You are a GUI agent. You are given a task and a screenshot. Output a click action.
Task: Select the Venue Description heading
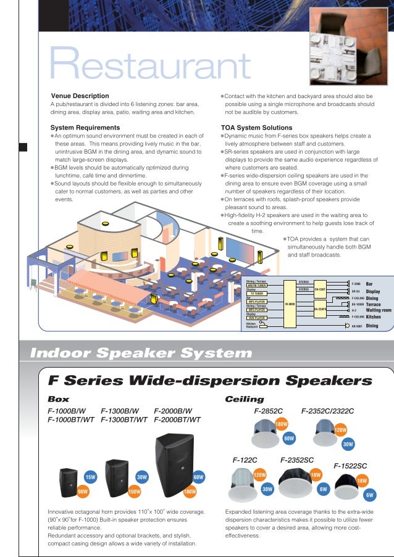tap(80, 96)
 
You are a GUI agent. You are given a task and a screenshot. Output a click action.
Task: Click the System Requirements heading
tap(85, 128)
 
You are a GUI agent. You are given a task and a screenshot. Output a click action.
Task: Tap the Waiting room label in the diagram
tap(379, 310)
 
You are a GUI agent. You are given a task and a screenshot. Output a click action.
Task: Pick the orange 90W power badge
tap(82, 491)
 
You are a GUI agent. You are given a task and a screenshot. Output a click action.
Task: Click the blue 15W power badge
tap(90, 477)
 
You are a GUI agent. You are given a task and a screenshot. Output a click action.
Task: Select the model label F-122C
tap(245, 460)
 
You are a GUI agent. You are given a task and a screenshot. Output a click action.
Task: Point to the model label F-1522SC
tap(350, 465)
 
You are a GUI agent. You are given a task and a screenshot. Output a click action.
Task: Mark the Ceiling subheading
tap(245, 399)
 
